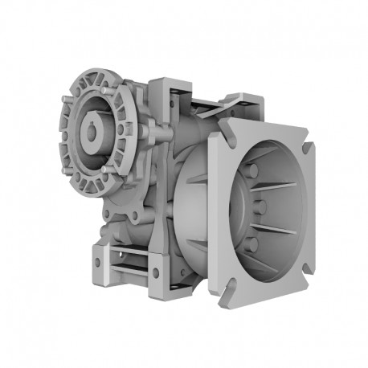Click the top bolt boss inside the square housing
251,170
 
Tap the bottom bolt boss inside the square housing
251,243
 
